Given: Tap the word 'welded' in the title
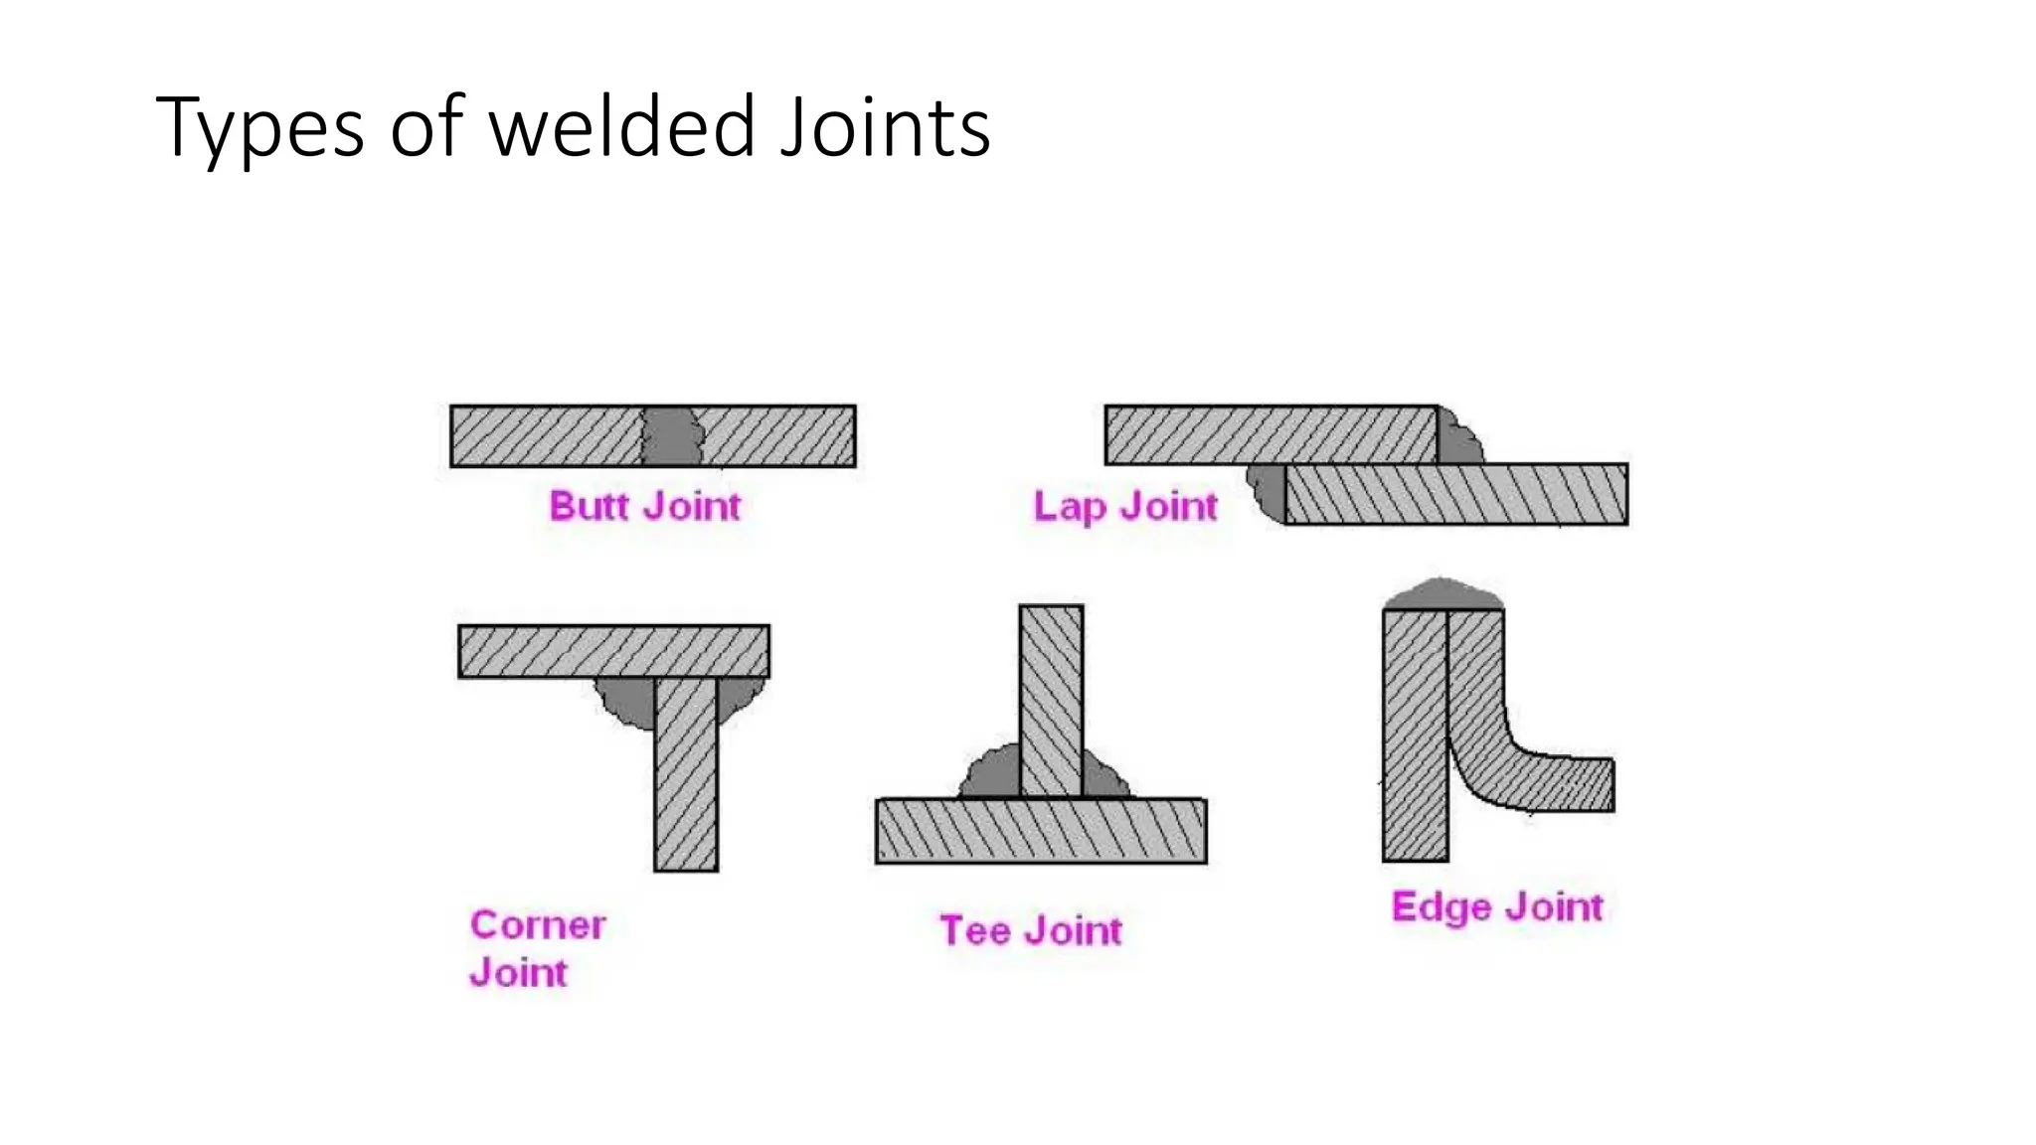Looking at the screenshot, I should click(622, 127).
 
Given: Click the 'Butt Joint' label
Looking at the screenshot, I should click(645, 506).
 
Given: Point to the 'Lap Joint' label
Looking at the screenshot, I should click(1124, 506).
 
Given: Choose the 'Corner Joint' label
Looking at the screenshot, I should click(537, 948).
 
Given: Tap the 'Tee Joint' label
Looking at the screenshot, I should click(1031, 930).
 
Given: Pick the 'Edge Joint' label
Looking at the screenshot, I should click(1497, 906).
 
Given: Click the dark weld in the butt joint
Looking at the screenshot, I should click(672, 436).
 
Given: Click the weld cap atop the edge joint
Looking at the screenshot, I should click(1442, 595).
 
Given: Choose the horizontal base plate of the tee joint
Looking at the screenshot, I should click(1041, 831).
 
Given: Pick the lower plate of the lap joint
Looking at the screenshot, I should click(1455, 494).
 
